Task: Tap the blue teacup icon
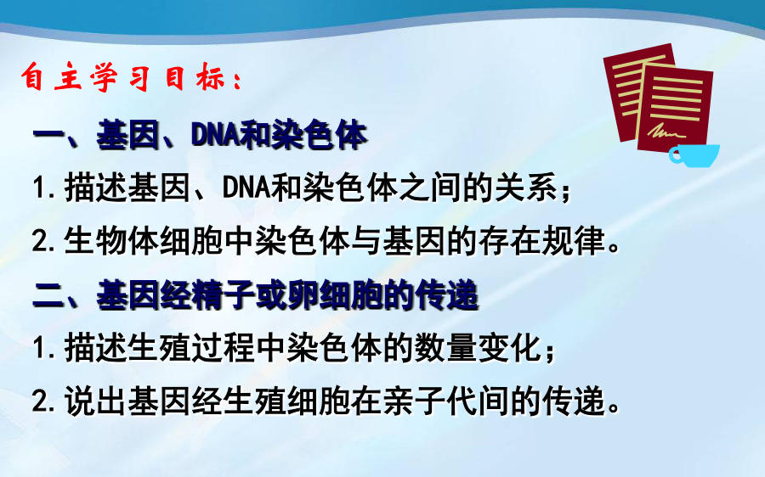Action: [x=694, y=155]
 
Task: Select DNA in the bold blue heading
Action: [x=215, y=135]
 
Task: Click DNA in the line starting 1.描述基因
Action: [x=246, y=188]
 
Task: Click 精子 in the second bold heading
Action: [x=224, y=295]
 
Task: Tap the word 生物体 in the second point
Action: [x=111, y=241]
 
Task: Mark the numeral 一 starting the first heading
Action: [x=48, y=135]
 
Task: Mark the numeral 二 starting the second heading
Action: [x=48, y=296]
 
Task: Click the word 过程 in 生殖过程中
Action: [x=223, y=348]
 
